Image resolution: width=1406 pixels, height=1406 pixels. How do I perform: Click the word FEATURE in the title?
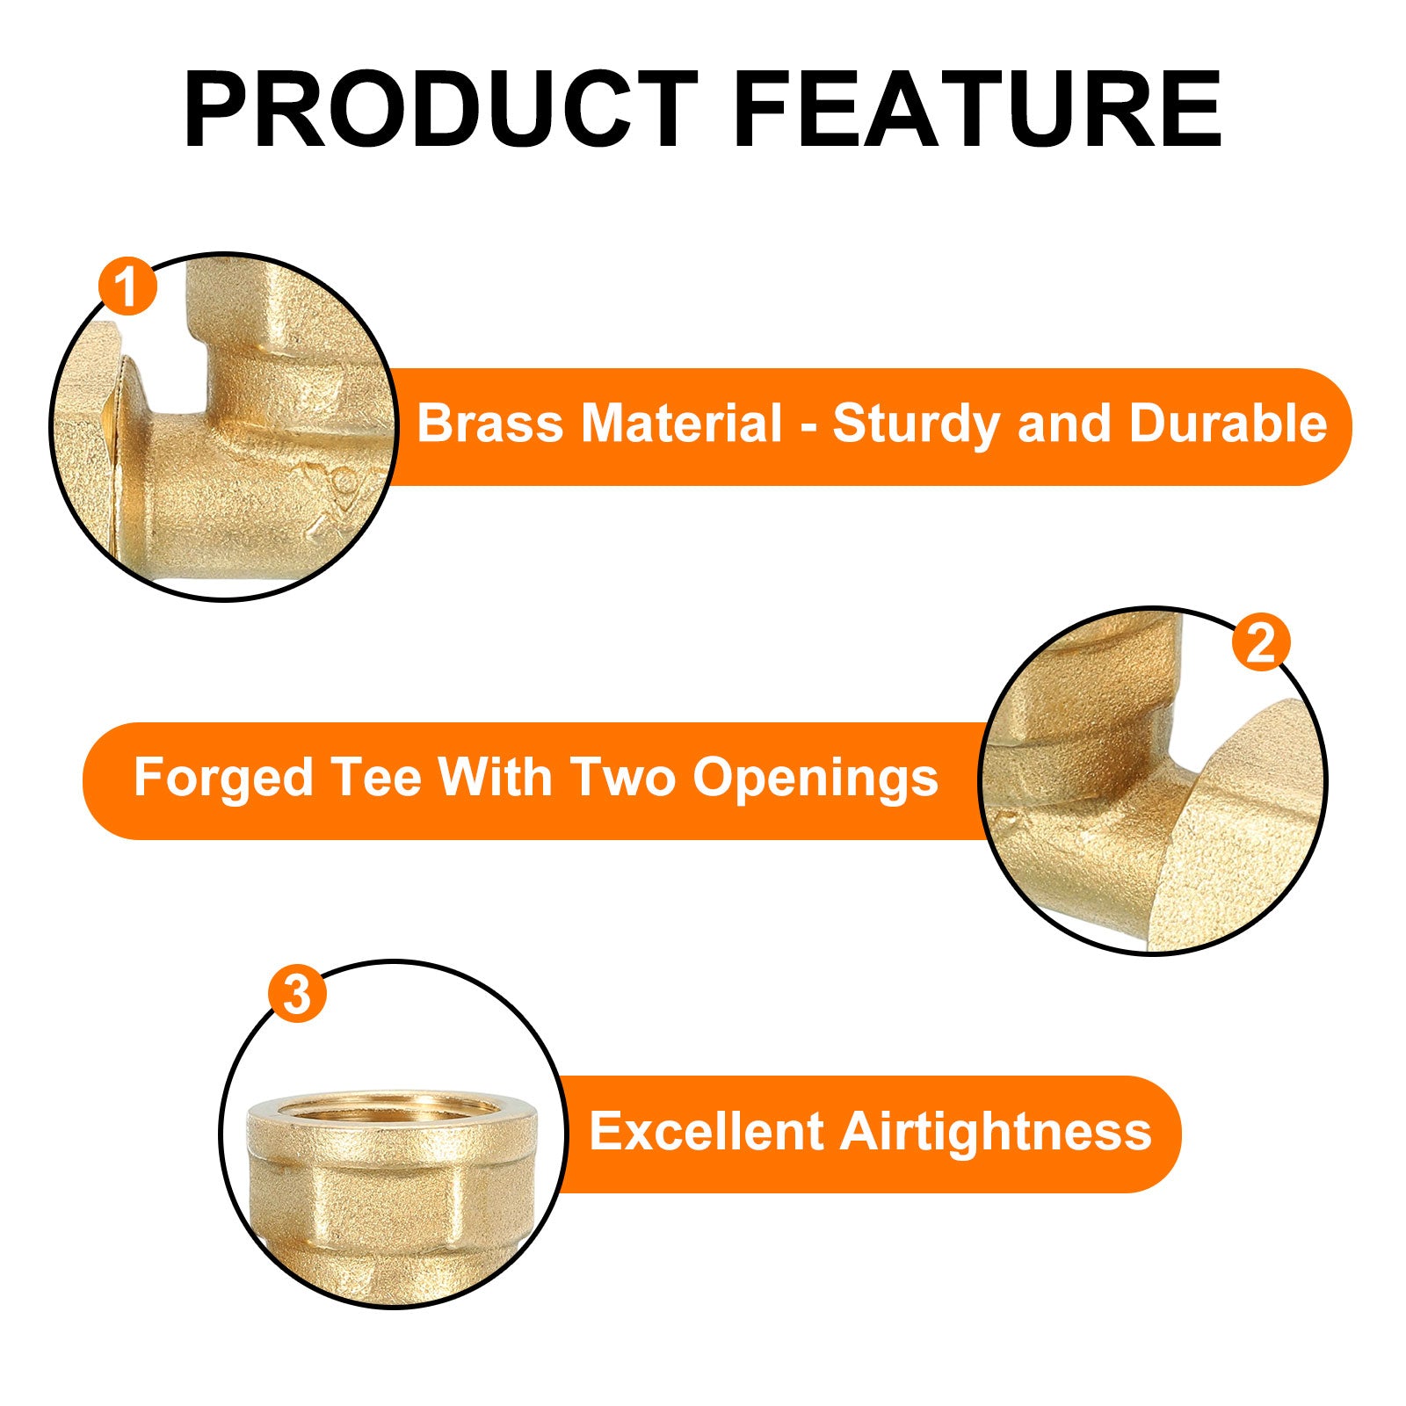977,110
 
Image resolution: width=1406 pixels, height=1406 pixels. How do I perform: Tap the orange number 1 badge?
128,286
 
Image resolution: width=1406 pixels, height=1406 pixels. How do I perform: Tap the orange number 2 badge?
1261,642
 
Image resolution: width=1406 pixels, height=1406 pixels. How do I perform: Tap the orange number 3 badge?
298,995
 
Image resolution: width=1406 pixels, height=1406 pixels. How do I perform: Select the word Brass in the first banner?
489,424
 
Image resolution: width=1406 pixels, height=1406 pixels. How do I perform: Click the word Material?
682,424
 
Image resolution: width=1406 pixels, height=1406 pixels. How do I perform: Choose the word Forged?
223,779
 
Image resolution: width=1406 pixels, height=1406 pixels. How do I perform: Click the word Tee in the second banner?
376,778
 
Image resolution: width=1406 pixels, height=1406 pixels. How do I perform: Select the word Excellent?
706,1131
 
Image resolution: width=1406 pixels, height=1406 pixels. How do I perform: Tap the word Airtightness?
996,1132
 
